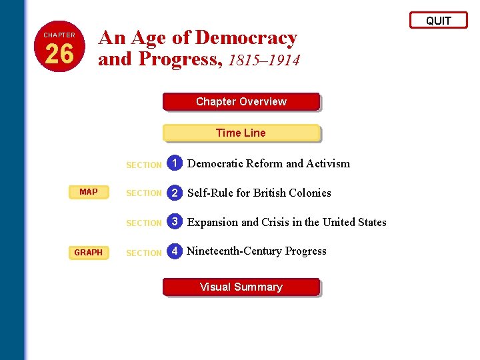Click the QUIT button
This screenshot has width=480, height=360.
(x=438, y=21)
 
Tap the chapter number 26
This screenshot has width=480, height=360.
(x=59, y=54)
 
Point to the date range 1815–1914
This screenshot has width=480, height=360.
(x=263, y=60)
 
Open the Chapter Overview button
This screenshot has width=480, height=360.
(x=241, y=102)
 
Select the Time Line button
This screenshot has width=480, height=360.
(x=241, y=133)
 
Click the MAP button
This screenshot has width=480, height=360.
(x=89, y=192)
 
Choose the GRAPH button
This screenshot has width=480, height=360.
(x=89, y=253)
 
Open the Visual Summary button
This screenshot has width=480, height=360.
(x=241, y=287)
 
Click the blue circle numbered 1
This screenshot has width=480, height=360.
(x=175, y=163)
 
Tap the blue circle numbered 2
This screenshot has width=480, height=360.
(x=175, y=193)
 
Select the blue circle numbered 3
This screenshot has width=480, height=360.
(x=175, y=222)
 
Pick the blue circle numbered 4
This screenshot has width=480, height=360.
(x=175, y=251)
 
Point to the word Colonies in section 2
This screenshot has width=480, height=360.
(x=307, y=193)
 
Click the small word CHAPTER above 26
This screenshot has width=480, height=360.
(x=59, y=35)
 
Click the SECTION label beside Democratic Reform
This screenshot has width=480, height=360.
(x=144, y=165)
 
